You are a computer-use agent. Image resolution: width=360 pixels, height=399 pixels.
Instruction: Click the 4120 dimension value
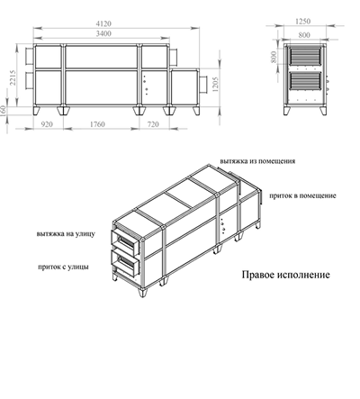pyautogui.click(x=103, y=23)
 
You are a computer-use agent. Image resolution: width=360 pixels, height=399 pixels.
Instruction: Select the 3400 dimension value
pyautogui.click(x=103, y=33)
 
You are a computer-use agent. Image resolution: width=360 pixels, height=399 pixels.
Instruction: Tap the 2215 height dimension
pyautogui.click(x=13, y=77)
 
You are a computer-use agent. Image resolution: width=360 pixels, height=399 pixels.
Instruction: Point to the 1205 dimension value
pyautogui.click(x=215, y=85)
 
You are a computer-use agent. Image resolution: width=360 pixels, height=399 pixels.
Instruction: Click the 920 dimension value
pyautogui.click(x=47, y=124)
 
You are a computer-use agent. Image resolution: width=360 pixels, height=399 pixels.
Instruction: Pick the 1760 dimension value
pyautogui.click(x=97, y=124)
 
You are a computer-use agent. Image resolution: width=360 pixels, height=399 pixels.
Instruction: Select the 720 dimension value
pyautogui.click(x=153, y=124)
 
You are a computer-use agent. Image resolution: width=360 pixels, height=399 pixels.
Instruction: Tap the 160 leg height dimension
pyautogui.click(x=4, y=111)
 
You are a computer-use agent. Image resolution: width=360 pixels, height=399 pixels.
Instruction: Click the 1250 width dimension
pyautogui.click(x=302, y=22)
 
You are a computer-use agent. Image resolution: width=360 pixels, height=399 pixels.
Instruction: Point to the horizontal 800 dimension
pyautogui.click(x=304, y=35)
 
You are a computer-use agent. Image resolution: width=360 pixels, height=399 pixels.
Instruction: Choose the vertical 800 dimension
pyautogui.click(x=274, y=57)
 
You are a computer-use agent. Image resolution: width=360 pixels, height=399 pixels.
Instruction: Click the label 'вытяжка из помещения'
pyautogui.click(x=257, y=161)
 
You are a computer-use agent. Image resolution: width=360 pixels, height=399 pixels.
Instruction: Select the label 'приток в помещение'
pyautogui.click(x=302, y=195)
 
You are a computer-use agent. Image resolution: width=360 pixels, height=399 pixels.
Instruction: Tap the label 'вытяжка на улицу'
pyautogui.click(x=66, y=233)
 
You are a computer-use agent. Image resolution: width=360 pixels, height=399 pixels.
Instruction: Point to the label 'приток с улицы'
pyautogui.click(x=63, y=267)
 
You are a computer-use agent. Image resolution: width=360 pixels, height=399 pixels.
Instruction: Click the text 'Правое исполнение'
pyautogui.click(x=285, y=275)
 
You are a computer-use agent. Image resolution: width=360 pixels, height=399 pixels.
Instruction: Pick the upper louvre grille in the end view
pyautogui.click(x=305, y=56)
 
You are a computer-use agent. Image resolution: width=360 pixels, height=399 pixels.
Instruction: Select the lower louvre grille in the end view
pyautogui.click(x=305, y=81)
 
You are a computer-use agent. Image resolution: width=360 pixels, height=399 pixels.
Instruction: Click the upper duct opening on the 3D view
pyautogui.click(x=126, y=240)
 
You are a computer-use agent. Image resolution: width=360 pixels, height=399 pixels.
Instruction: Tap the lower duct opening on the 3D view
pyautogui.click(x=125, y=262)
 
